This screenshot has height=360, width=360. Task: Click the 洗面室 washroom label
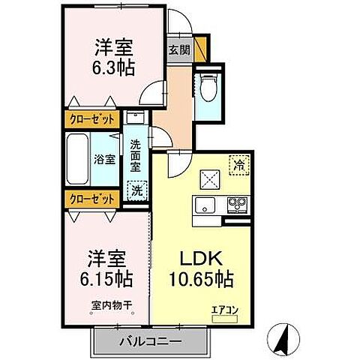point(135,154)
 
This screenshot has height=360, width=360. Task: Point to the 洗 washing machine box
point(136,190)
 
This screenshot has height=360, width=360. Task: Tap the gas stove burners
point(237,203)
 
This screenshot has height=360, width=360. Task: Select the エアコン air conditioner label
point(223,307)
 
